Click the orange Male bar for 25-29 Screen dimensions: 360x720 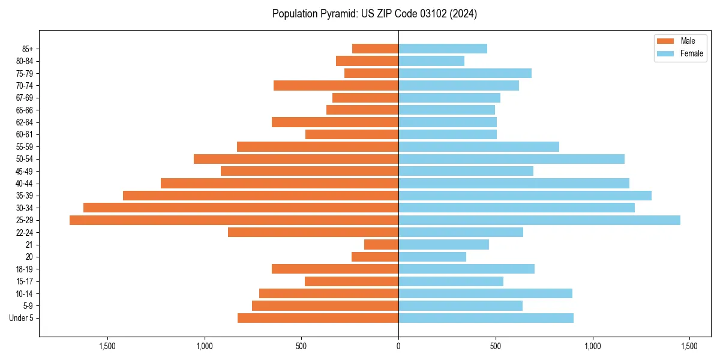click(x=234, y=220)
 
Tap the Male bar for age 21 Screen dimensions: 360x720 click(x=381, y=245)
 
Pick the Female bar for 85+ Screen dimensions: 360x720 click(x=442, y=49)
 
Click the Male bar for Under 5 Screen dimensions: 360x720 click(x=318, y=318)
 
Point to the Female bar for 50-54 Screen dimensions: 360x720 click(x=511, y=159)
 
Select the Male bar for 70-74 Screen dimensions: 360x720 click(x=336, y=86)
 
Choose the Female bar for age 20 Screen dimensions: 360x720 click(x=432, y=257)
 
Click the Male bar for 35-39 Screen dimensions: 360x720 click(x=260, y=196)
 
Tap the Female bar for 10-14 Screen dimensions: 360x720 click(x=485, y=293)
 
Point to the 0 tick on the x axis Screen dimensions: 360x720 click(x=398, y=346)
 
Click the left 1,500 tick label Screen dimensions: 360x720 click(x=107, y=346)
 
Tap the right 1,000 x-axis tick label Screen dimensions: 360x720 click(x=592, y=346)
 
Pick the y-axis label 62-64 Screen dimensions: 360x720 click(x=25, y=122)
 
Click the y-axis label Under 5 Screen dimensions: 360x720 click(x=21, y=318)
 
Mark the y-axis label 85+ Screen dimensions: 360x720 click(x=27, y=49)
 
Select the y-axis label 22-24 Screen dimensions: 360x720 click(x=25, y=233)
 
